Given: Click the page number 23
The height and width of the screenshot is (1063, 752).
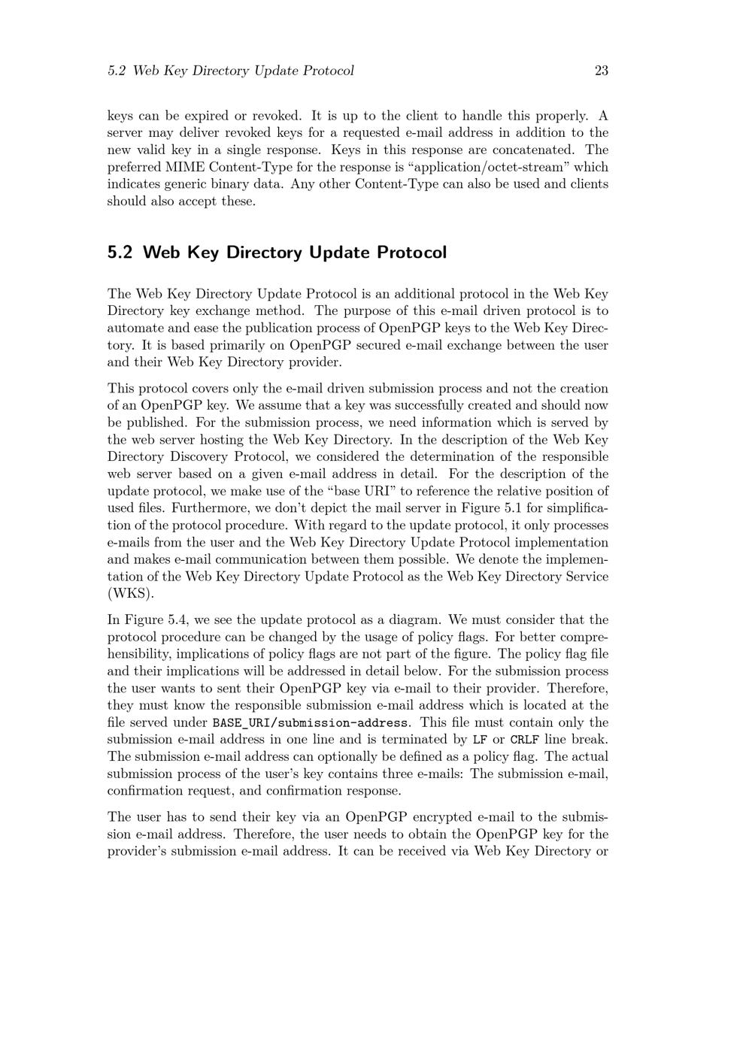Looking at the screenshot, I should (x=601, y=71).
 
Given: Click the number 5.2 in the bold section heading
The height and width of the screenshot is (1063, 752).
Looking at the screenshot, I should (x=120, y=253).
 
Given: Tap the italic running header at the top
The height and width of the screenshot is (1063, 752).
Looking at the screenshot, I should (x=230, y=71).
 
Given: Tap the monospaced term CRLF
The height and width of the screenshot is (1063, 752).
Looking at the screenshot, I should (x=524, y=740).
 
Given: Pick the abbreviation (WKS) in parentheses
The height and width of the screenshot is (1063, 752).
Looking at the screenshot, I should (x=131, y=594).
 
